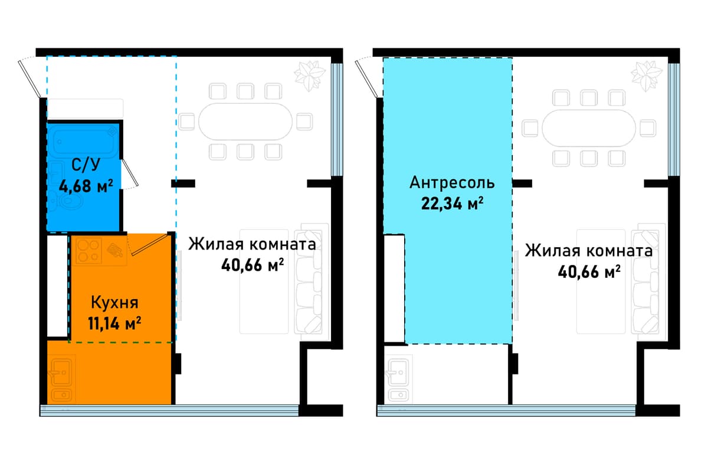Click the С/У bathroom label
86,165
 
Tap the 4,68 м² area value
86,186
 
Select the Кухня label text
114,303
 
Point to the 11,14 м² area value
114,323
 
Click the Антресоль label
452,183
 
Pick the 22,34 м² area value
452,204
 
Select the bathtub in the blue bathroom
86,142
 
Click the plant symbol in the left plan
309,76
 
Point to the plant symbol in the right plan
647,76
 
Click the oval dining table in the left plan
245,122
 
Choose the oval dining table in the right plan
589,129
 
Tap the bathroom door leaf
130,173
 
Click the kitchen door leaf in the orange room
149,244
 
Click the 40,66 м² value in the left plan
253,265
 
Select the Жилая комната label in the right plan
589,251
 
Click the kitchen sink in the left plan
62,379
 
